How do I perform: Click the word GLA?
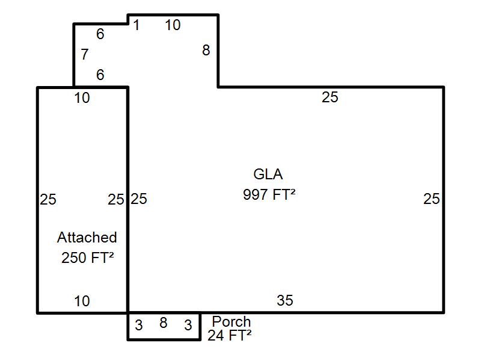coord(268,174)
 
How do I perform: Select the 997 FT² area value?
coord(269,194)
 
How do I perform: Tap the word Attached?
coord(87,237)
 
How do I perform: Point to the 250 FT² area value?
coord(87,258)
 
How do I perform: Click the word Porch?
coord(231,321)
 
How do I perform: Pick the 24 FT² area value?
coord(230,335)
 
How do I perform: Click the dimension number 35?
coord(284,300)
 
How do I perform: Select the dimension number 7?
coord(85,54)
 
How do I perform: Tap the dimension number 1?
coord(136,25)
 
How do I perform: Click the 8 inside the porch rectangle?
coord(163,322)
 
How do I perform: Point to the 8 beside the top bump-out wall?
coord(206,50)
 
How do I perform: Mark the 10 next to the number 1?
coord(173,25)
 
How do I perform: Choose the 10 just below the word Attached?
coord(82,301)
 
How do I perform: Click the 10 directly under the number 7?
coord(82,97)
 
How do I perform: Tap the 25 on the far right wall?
coord(431,199)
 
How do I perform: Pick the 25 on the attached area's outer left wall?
coord(48,199)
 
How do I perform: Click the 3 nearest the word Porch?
coord(188,325)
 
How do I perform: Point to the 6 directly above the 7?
coord(100,34)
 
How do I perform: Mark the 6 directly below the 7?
coord(100,75)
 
